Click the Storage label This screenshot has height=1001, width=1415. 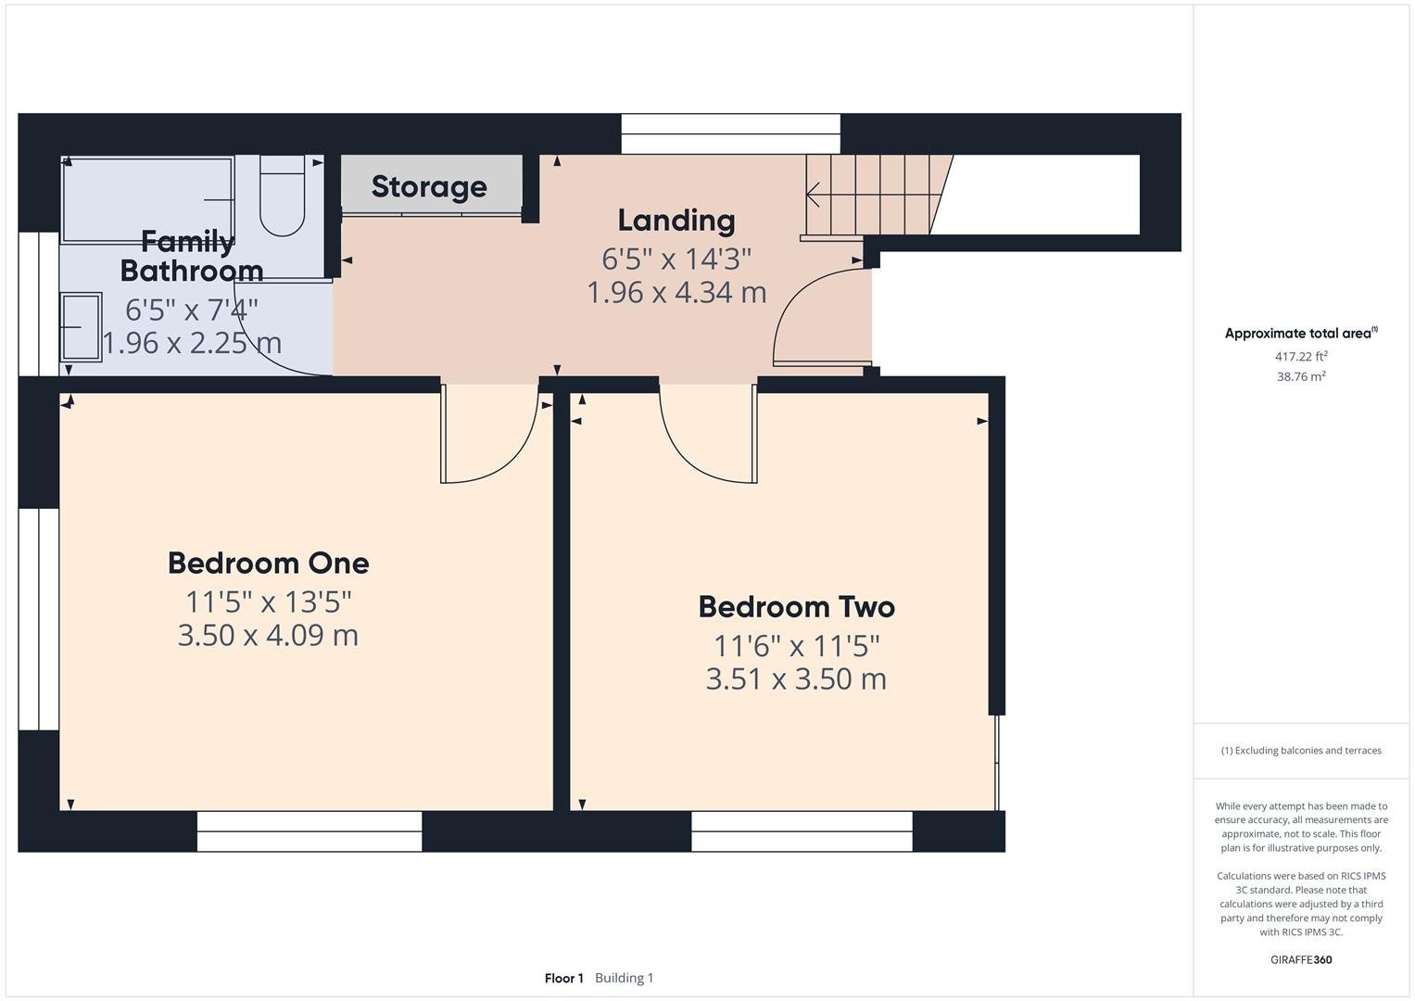pos(429,186)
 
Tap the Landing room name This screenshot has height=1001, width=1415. pos(676,220)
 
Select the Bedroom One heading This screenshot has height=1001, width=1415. pos(269,563)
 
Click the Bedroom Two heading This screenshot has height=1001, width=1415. pos(796,607)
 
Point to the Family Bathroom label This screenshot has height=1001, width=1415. pos(191,257)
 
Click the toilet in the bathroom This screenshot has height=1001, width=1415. pos(282,197)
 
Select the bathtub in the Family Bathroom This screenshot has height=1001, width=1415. pos(146,200)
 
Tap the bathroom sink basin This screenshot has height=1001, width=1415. pos(82,326)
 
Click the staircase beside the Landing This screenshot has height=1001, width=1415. pos(871,195)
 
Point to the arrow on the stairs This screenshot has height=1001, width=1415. pos(815,196)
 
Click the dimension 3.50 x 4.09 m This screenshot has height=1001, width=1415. pos(268,636)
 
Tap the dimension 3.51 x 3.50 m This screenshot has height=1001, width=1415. pos(796,679)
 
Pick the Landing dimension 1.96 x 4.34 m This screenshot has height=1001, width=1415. pos(676,293)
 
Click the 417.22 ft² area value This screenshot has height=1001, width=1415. pos(1301,356)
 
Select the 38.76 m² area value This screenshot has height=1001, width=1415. pos(1301,376)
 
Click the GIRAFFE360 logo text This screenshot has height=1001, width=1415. pos(1301,959)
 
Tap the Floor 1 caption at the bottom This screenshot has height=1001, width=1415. pos(563,978)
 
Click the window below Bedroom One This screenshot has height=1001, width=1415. pos(310,831)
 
